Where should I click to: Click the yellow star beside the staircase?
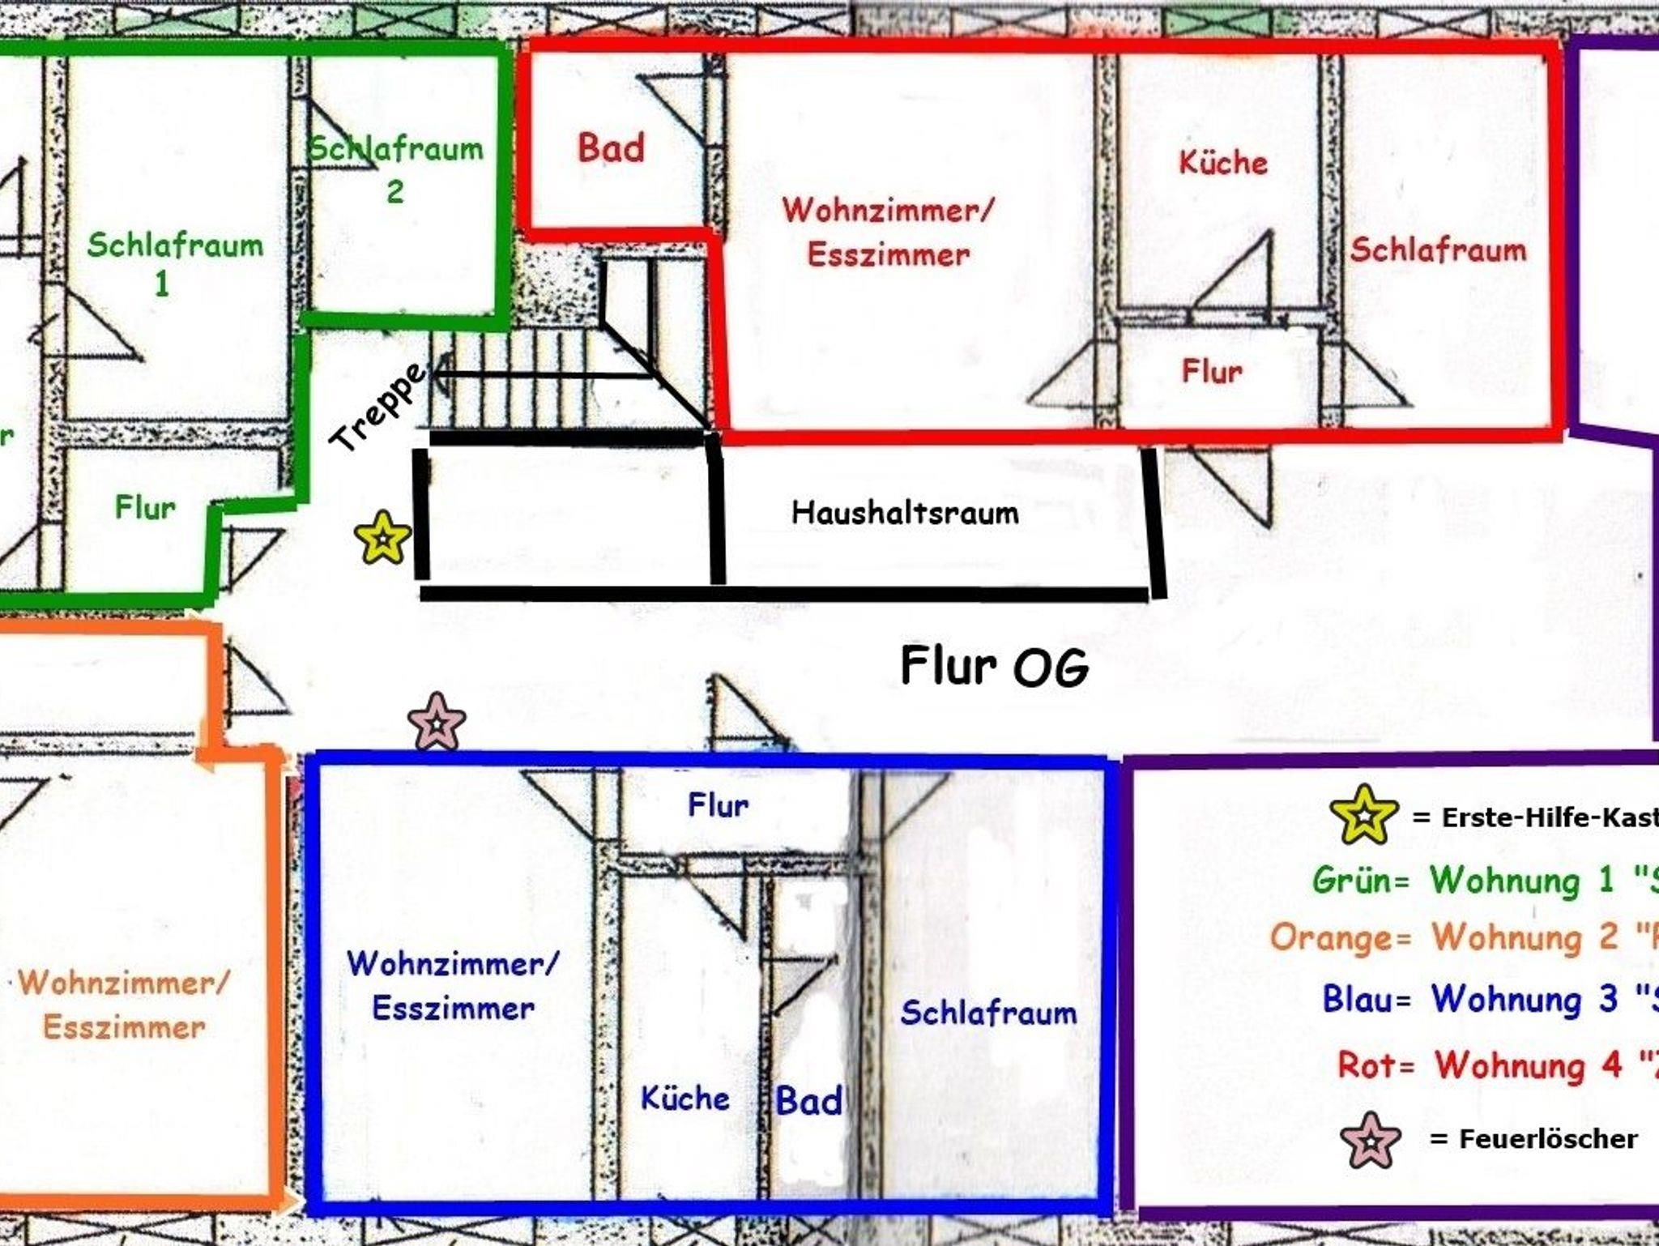point(382,537)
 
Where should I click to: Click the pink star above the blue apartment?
point(437,722)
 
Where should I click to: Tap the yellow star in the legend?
point(1364,815)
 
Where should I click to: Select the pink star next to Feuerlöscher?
point(1370,1140)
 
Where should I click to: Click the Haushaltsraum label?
point(905,513)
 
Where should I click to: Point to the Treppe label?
point(377,408)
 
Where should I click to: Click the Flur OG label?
point(995,667)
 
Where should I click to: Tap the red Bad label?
point(611,148)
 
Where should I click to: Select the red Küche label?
point(1222,162)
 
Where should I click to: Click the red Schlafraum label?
point(1438,250)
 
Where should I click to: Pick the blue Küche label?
point(684,1099)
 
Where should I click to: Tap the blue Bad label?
point(808,1101)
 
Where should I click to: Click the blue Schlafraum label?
point(988,1013)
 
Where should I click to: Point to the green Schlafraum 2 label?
point(396,169)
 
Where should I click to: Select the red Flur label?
point(1211,371)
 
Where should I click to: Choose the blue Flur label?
point(718,805)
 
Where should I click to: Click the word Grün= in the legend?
point(1361,880)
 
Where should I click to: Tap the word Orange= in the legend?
point(1341,937)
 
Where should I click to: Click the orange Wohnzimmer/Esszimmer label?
point(124,1005)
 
